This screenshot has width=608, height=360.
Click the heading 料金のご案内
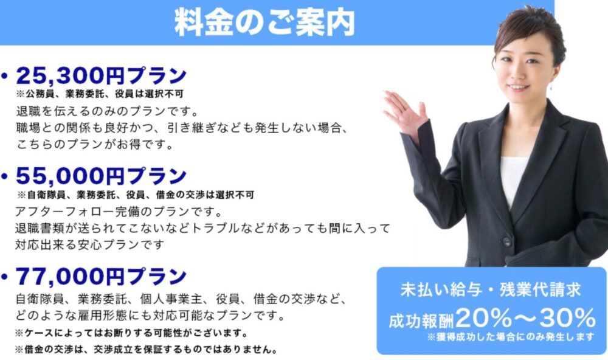click(x=265, y=22)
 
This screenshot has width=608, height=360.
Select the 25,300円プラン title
click(x=101, y=75)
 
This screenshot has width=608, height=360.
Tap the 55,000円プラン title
click(x=101, y=176)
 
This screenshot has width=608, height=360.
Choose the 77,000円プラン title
click(x=101, y=276)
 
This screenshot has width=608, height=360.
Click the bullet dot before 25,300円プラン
click(x=5, y=75)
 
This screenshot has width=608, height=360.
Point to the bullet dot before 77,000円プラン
click(x=5, y=277)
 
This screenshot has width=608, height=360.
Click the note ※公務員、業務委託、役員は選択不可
click(x=100, y=94)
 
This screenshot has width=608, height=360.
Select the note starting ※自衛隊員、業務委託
click(x=136, y=195)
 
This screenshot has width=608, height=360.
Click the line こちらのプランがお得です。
click(x=95, y=144)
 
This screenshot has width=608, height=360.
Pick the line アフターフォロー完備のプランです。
click(x=119, y=212)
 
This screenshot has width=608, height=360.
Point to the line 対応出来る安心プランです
click(x=89, y=245)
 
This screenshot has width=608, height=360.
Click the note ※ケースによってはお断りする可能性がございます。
click(x=131, y=333)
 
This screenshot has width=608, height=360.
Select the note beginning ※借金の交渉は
click(x=147, y=350)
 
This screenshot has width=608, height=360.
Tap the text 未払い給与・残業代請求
click(x=491, y=290)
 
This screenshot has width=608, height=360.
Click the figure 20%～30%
click(x=526, y=318)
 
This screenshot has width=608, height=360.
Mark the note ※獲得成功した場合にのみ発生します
click(x=511, y=337)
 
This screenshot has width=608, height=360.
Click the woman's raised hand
click(x=404, y=111)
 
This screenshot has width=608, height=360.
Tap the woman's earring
click(x=551, y=86)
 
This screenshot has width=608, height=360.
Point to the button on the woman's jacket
click(x=507, y=242)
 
